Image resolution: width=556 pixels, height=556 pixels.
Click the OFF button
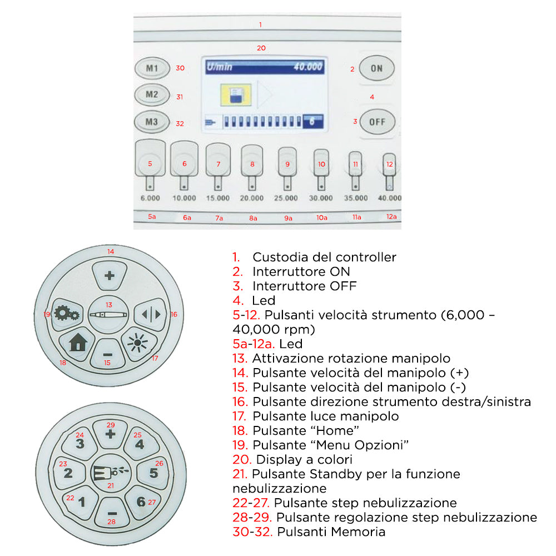[377, 122]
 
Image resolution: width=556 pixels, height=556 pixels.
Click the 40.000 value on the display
[307, 67]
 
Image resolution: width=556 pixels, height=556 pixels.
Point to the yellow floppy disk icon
[234, 94]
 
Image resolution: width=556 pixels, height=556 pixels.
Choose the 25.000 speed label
[287, 198]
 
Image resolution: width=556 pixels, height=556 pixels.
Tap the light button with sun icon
[136, 343]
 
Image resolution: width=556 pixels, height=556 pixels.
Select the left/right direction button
[151, 314]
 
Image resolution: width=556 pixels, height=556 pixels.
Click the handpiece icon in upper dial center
[108, 315]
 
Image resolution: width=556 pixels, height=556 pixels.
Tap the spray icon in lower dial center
[111, 472]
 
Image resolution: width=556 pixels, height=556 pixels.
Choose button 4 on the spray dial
[140, 444]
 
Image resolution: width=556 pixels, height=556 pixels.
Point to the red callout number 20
[261, 48]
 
